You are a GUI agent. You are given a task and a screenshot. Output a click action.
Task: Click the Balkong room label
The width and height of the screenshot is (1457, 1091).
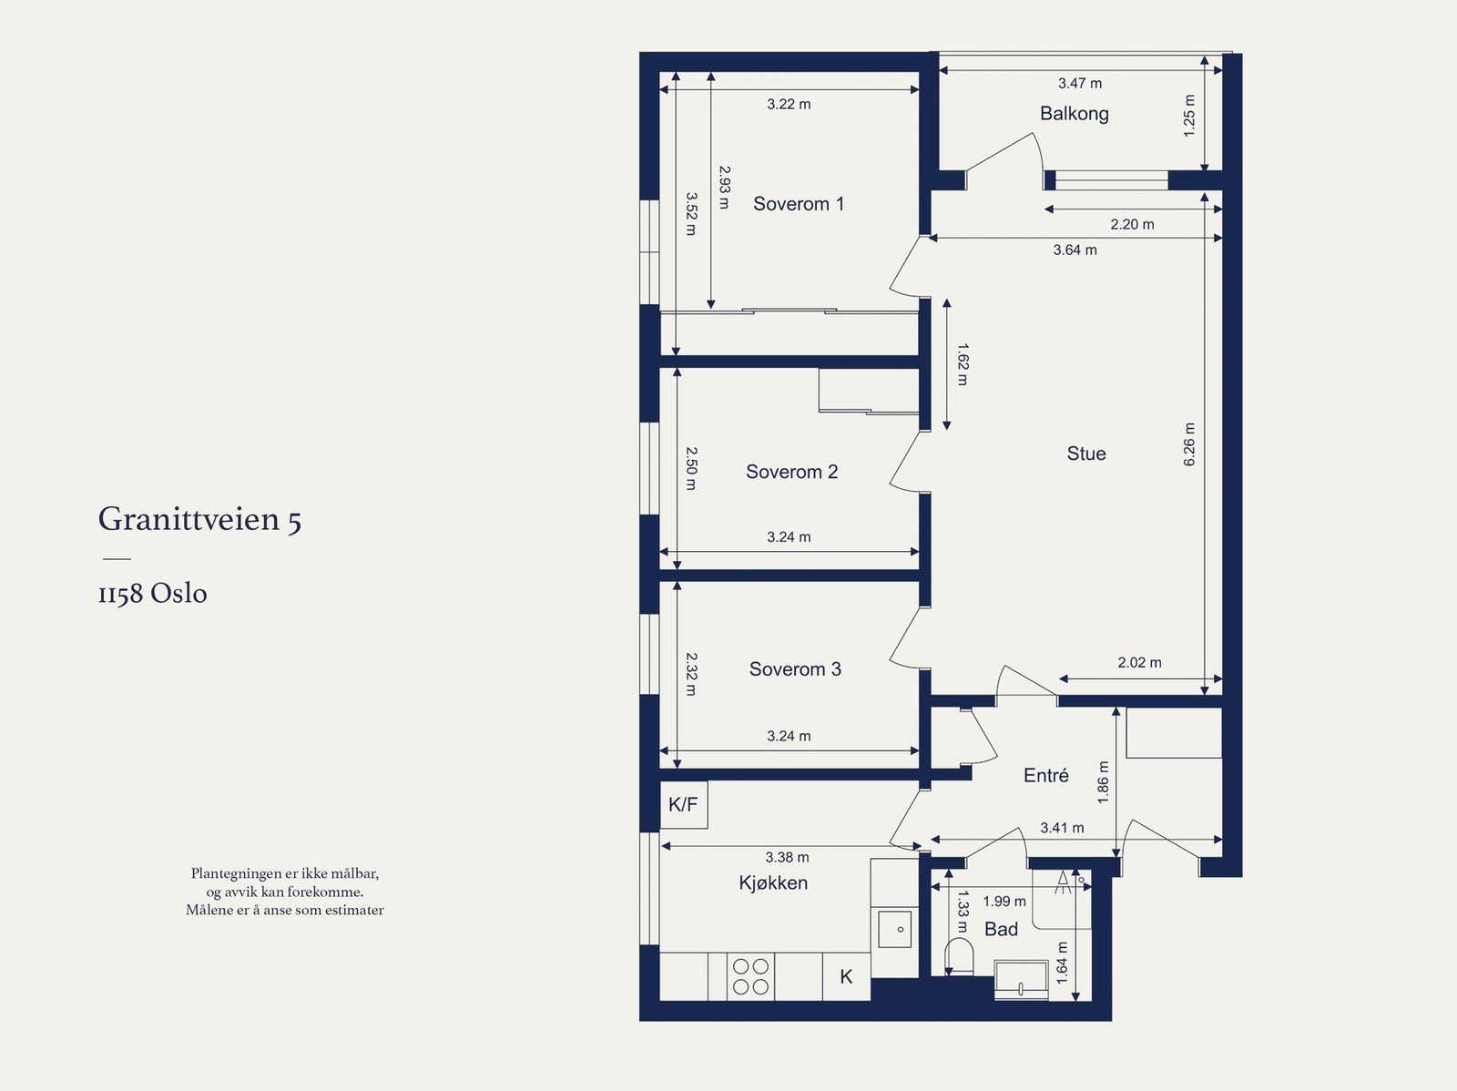[1074, 114]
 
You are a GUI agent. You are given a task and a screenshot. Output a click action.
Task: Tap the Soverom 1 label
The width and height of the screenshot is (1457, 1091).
[799, 204]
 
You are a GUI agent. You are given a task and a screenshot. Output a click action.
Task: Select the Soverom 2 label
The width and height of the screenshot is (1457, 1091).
[792, 472]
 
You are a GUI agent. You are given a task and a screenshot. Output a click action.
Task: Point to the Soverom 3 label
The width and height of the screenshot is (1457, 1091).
[795, 669]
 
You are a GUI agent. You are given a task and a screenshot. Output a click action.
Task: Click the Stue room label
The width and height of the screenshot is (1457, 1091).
[1086, 454]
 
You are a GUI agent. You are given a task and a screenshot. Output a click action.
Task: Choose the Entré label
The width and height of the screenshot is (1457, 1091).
[1046, 775]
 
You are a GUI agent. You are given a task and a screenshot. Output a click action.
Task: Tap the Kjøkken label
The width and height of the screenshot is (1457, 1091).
[773, 882]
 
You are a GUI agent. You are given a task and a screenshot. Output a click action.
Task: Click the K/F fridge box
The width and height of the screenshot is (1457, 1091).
[684, 804]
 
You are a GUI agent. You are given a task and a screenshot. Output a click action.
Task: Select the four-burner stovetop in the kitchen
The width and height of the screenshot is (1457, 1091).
[750, 976]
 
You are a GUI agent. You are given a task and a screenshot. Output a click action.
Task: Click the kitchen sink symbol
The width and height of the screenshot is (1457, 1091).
[895, 929]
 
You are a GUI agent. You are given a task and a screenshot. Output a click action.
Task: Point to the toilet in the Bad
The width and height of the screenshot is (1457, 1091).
[959, 956]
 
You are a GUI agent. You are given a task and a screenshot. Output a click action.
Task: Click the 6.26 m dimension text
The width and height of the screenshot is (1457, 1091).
[1189, 444]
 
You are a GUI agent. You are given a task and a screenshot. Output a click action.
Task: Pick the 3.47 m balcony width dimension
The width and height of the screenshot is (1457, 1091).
[1080, 83]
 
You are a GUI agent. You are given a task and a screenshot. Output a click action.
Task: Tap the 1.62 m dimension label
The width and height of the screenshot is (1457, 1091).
[963, 364]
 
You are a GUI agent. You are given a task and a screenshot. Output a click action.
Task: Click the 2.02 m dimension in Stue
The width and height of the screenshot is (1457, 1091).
[1140, 662]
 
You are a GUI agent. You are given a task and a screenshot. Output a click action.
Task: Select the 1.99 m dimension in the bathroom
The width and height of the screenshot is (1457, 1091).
[1004, 902]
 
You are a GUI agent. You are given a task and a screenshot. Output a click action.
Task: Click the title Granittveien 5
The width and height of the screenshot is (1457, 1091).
[199, 518]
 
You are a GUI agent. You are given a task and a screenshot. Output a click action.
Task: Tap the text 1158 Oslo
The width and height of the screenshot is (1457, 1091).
[153, 593]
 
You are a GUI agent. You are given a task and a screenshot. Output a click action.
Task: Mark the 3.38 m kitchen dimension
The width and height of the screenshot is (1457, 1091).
[788, 857]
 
